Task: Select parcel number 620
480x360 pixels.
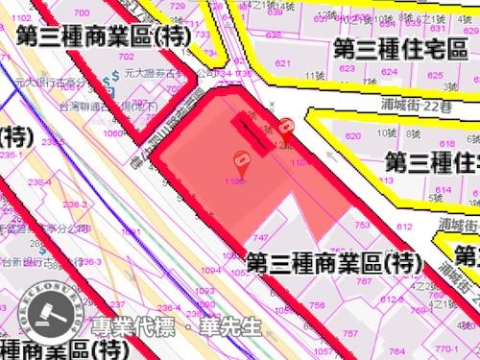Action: [x=352, y=137]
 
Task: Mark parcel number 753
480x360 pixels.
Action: [x=362, y=226]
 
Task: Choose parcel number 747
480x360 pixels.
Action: [x=260, y=237]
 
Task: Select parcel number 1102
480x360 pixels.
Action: [x=299, y=164]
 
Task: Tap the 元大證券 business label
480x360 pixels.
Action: [x=144, y=72]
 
